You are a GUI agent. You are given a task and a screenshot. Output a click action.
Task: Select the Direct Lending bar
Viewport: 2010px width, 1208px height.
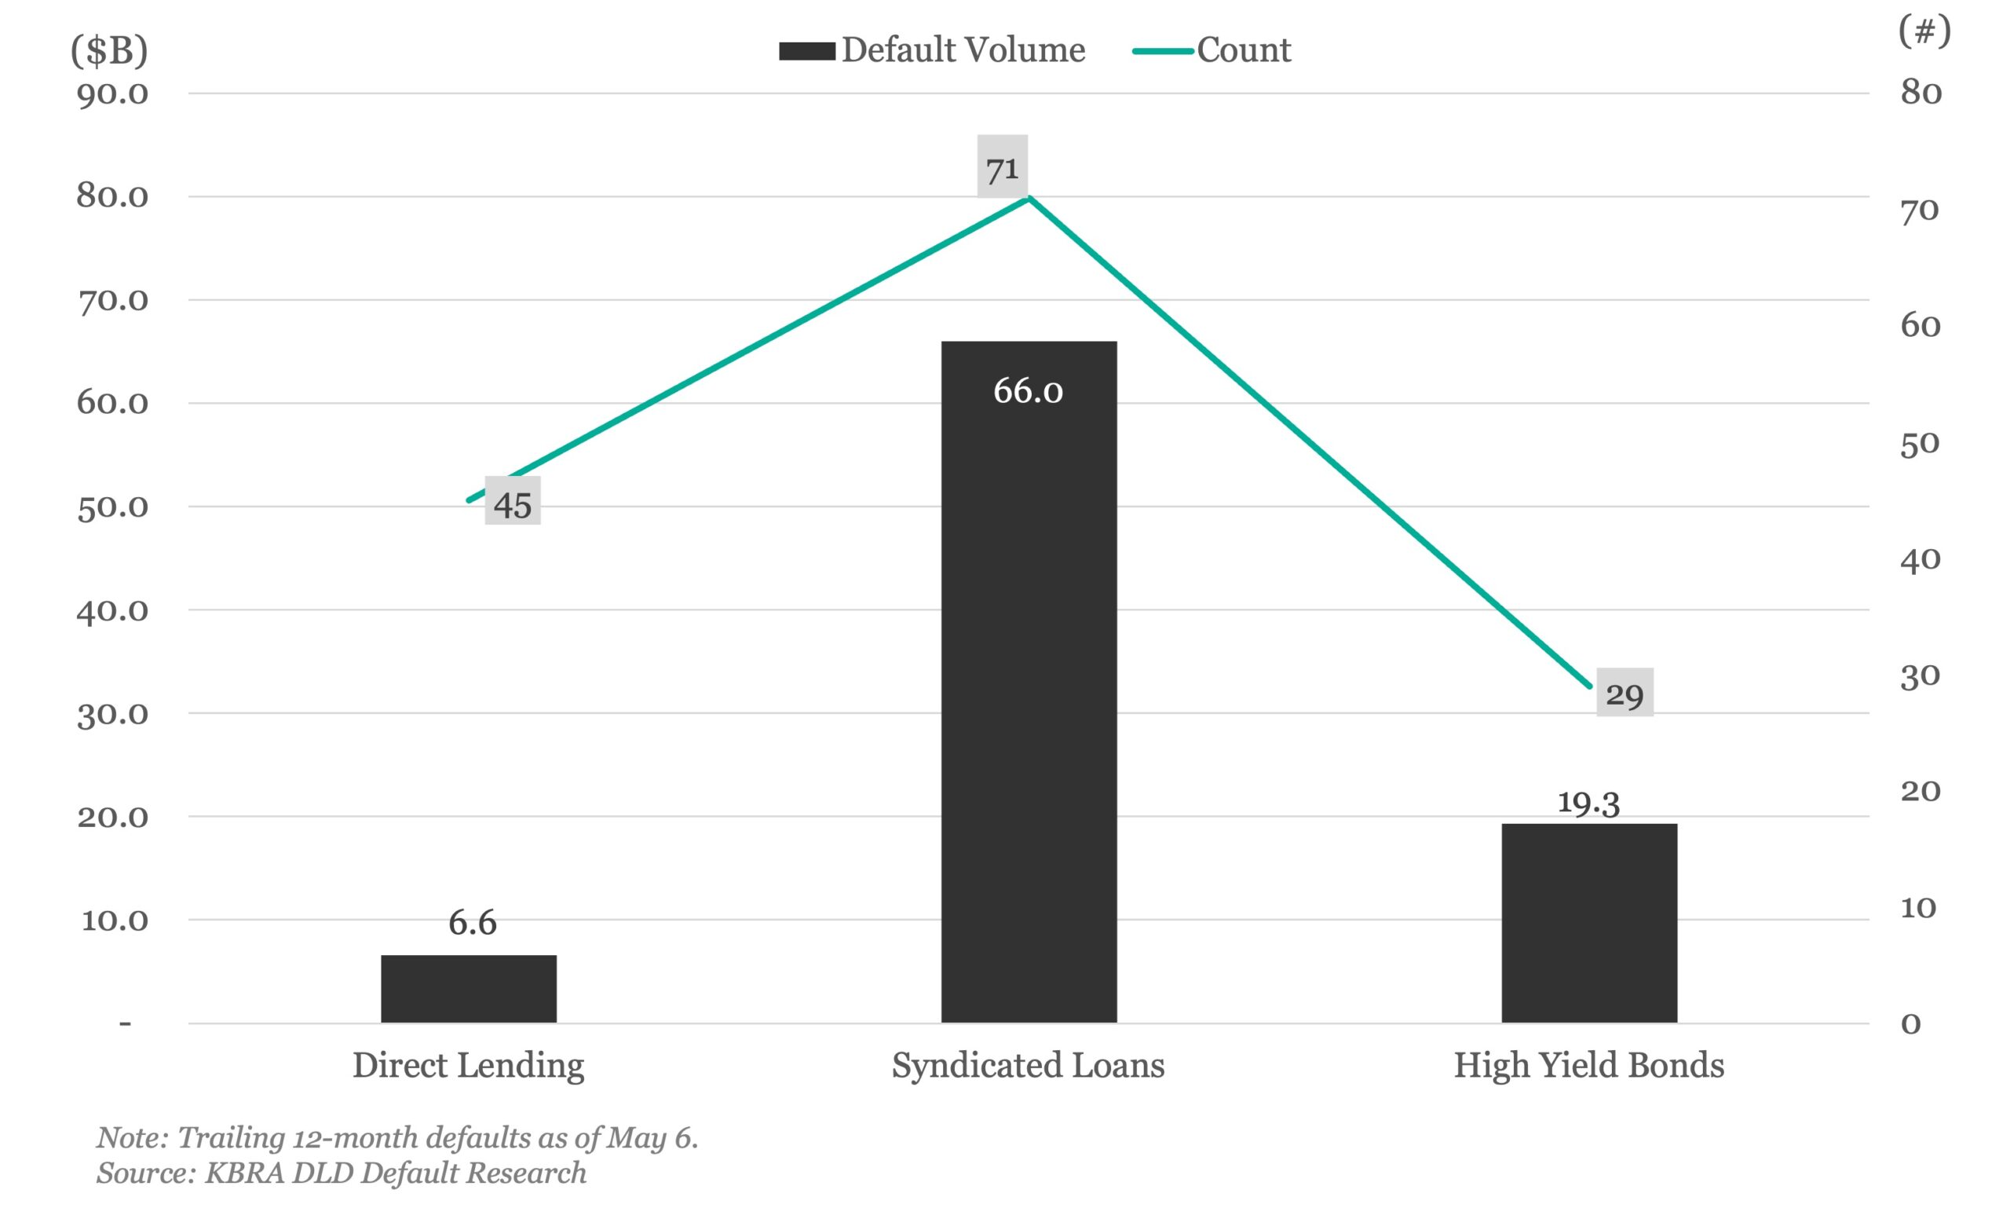coord(469,988)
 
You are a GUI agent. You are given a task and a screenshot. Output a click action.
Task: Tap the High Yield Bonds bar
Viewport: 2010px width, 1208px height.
coord(1588,923)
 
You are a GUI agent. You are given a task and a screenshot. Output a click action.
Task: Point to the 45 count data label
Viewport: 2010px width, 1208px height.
coord(513,505)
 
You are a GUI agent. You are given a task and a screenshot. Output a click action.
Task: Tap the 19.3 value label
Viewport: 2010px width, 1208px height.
coord(1588,803)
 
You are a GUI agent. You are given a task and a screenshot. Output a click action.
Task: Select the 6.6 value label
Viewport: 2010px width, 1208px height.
coord(472,923)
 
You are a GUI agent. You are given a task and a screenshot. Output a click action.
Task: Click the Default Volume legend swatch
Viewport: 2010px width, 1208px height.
coord(806,51)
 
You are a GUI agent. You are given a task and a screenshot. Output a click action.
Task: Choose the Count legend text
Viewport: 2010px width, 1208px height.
coord(1244,50)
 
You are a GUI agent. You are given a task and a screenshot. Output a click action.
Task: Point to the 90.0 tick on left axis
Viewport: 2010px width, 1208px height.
coord(112,93)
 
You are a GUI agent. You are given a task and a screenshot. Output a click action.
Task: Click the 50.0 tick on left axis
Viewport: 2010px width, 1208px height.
coord(112,507)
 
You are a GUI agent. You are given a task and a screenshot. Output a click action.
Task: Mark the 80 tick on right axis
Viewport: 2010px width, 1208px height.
coord(1920,93)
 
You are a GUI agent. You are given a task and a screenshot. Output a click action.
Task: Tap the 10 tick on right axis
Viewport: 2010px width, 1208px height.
coord(1919,908)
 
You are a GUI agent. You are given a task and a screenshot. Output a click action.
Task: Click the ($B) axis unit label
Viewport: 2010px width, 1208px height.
coord(109,50)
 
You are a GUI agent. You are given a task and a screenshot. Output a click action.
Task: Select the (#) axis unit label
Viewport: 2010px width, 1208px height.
coord(1924,32)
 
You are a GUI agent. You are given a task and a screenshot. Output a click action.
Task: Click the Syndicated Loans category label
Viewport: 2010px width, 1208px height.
coord(1028,1066)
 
